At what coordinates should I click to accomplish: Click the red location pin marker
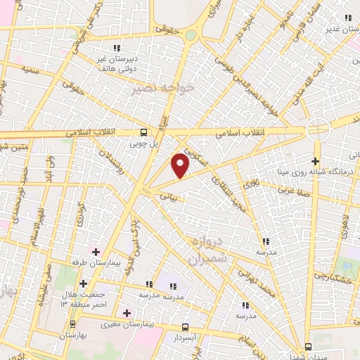[181, 166]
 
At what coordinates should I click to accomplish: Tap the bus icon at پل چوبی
[144, 132]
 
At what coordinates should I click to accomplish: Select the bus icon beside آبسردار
[185, 327]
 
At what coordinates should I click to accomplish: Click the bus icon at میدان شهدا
[309, 346]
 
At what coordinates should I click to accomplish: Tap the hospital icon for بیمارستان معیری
[127, 312]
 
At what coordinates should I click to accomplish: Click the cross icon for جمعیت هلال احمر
[84, 283]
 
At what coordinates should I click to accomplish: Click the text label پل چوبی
[144, 143]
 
